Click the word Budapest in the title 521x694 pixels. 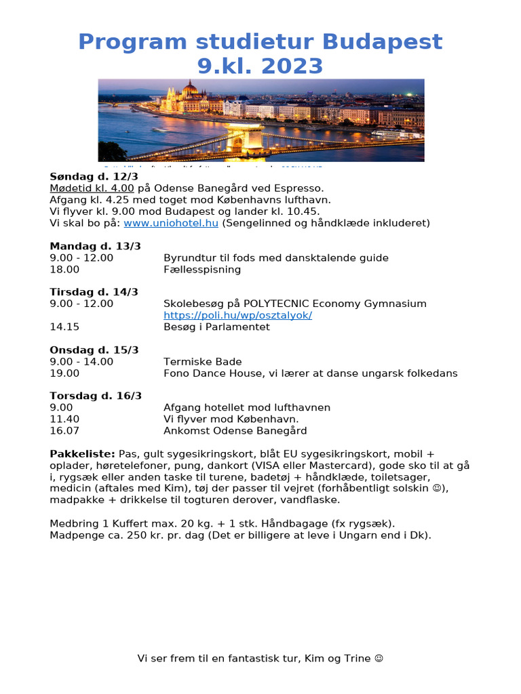(382, 42)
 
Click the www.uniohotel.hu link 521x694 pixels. (171, 223)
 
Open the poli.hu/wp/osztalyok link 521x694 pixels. (237, 315)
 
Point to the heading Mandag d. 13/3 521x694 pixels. (93, 246)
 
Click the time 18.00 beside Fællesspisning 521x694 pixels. (64, 269)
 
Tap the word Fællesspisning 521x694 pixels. (202, 269)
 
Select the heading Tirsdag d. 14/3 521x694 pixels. (94, 292)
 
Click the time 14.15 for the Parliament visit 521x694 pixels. (64, 327)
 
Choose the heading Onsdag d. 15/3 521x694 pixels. (94, 350)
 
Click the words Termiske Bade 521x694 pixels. (202, 361)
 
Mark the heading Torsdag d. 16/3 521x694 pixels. (96, 396)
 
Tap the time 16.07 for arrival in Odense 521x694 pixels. (64, 430)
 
